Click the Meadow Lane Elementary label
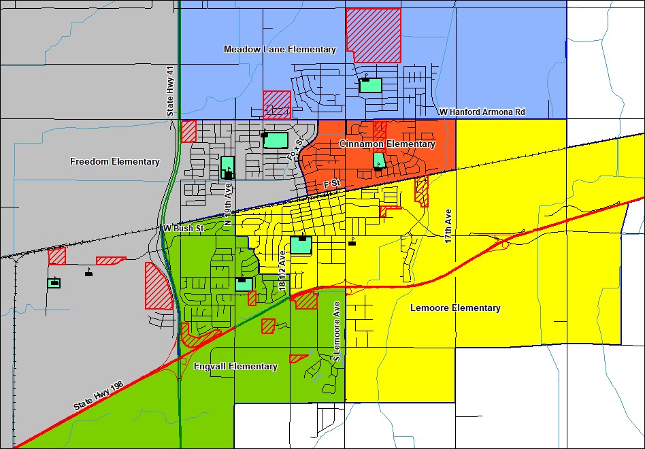coord(280,50)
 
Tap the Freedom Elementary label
coord(115,162)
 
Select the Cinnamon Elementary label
coord(386,144)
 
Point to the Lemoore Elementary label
coord(455,308)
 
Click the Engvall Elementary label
coord(235,367)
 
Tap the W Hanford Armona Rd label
coord(482,112)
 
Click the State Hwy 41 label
coord(170,91)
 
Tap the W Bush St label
coord(183,229)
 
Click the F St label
coord(331,184)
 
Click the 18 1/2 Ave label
coord(282,271)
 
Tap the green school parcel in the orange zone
coord(379,161)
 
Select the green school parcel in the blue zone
coord(371,86)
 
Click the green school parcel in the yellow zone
coord(301,245)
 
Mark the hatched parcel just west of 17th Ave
coord(422,191)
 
